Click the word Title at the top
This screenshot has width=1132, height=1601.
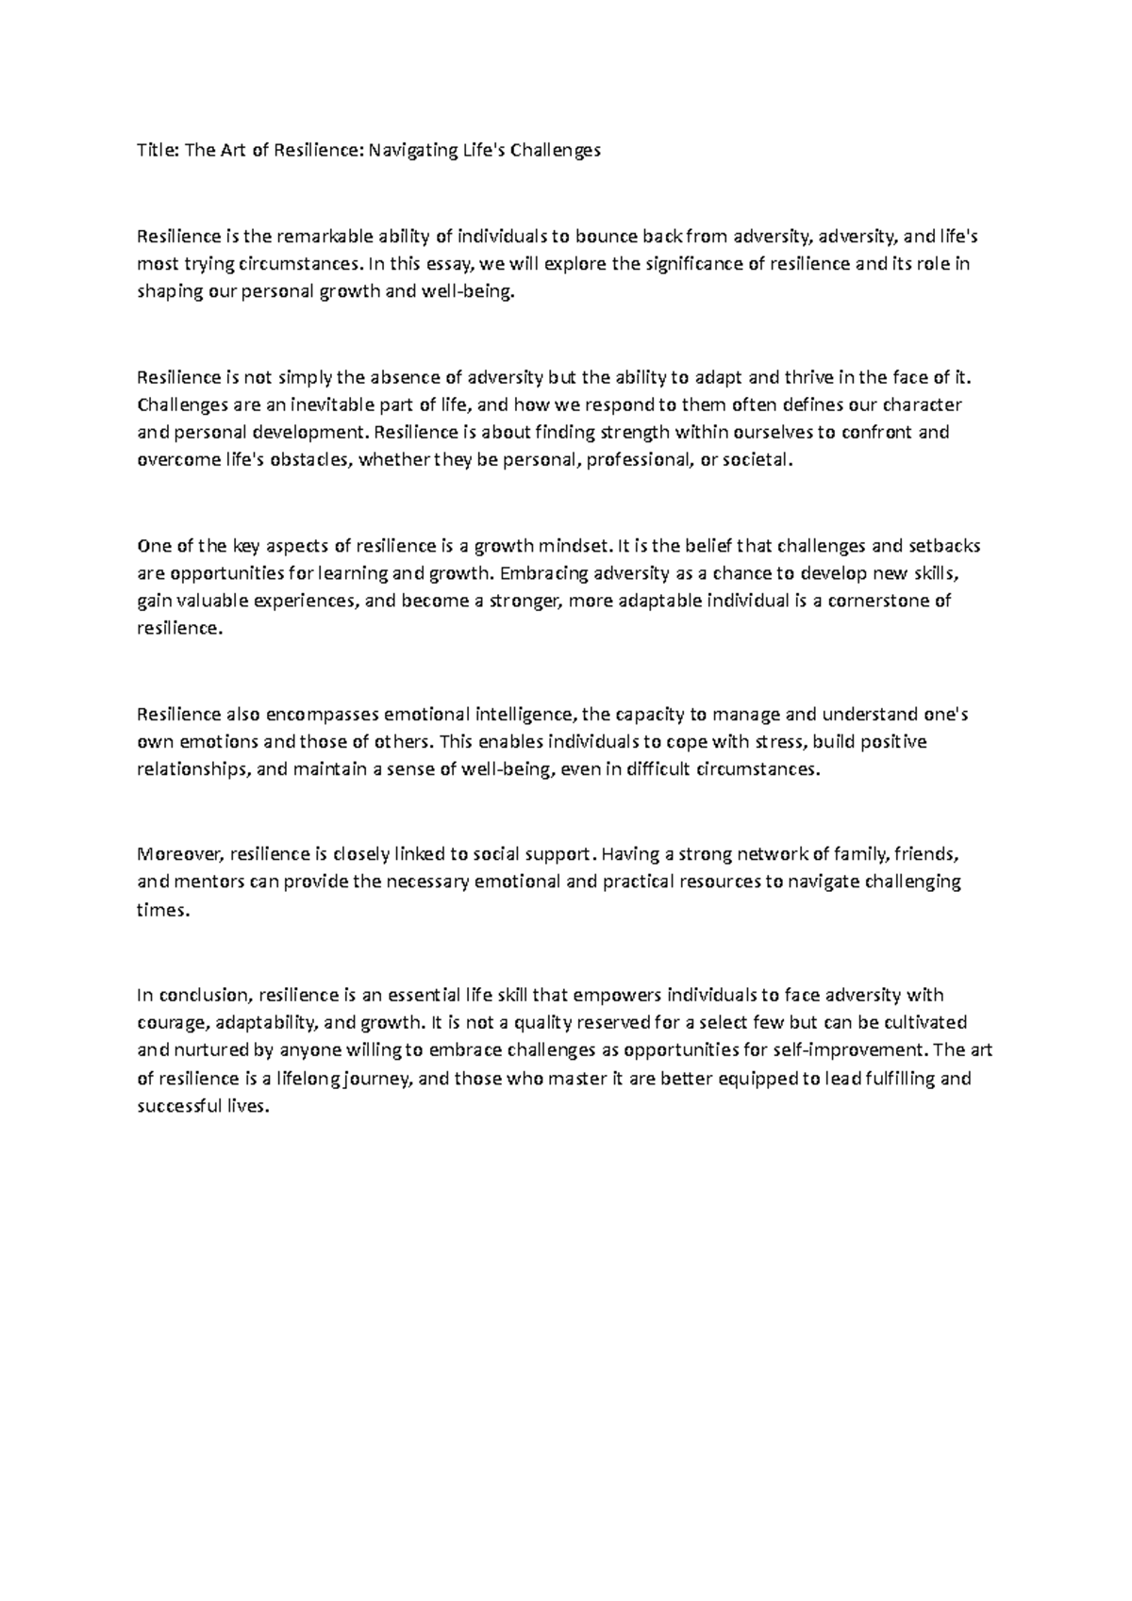pyautogui.click(x=157, y=151)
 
